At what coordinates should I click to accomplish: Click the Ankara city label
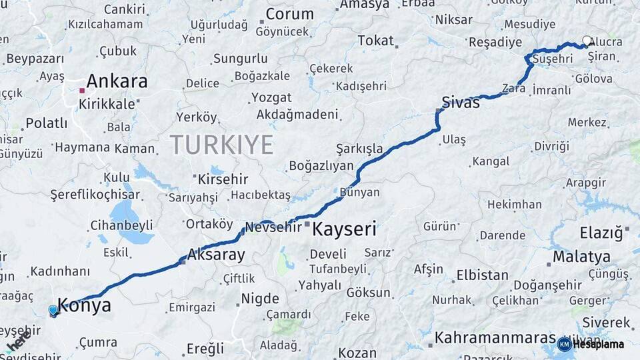coord(117,81)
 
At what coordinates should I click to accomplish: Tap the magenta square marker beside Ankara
coord(81,90)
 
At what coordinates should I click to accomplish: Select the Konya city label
coord(84,305)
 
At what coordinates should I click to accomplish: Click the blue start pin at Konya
coord(53,310)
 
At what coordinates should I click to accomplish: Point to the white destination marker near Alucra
coord(587,41)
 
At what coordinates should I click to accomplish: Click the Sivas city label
coord(461,102)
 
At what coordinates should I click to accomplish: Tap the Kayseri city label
coord(344,230)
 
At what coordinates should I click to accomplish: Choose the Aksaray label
coord(216,254)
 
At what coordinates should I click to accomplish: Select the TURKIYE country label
coord(221,145)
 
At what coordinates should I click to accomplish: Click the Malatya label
coord(581,257)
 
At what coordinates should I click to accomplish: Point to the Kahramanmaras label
coord(495,337)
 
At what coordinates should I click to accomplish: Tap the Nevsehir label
coord(273,227)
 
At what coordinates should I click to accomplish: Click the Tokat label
coord(375,40)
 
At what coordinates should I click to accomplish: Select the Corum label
coord(289,14)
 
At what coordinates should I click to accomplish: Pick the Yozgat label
coord(271,97)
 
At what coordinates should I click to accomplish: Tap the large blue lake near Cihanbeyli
coord(123,214)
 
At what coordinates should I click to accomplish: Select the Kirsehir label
coord(223,179)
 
